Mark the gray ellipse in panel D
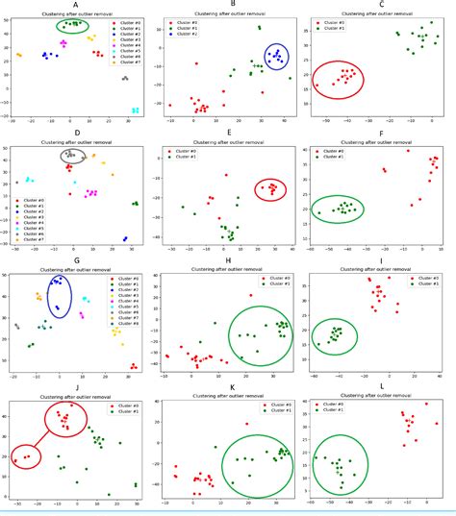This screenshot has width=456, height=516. click(73, 155)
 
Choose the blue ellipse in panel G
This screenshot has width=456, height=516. click(59, 296)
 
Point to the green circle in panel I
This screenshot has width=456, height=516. click(335, 334)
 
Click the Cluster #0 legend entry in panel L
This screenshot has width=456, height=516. click(336, 405)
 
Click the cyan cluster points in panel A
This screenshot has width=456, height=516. click(136, 111)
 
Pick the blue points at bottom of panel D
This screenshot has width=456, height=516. click(125, 239)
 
